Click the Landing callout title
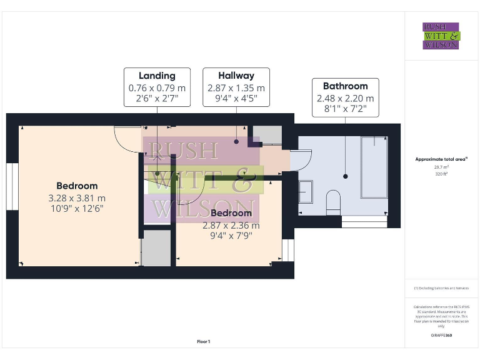(156, 76)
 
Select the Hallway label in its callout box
(236, 76)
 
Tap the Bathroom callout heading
(345, 86)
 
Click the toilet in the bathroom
(333, 201)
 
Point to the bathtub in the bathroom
(374, 167)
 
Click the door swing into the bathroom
(299, 161)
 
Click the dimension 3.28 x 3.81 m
(77, 198)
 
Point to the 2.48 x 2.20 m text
(345, 98)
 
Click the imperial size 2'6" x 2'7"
(156, 99)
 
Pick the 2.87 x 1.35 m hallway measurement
(236, 88)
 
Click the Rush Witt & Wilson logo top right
(441, 36)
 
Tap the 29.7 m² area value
(441, 167)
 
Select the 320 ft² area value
(441, 174)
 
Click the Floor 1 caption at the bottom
(204, 342)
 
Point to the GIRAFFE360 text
(441, 336)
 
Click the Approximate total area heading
(441, 159)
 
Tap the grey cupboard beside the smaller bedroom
(157, 247)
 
